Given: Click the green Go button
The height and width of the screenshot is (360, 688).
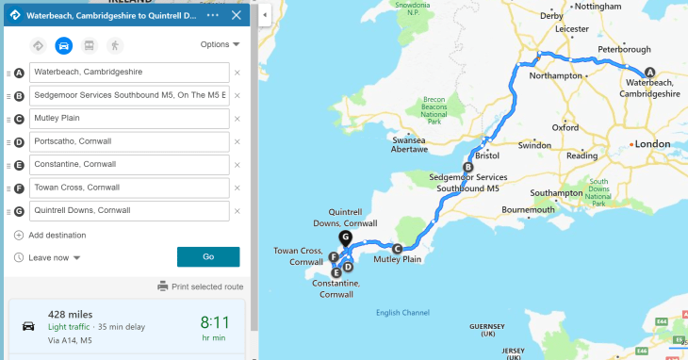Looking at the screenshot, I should point(207,256).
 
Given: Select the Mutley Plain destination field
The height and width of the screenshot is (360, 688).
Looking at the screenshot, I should point(129,119).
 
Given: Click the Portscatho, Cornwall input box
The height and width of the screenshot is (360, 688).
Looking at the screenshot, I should point(129,141).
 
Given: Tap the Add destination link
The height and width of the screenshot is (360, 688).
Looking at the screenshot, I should point(57,235).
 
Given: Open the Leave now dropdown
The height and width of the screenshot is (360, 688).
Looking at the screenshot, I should point(55,257).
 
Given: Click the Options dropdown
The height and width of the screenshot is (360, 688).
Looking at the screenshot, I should point(221,44).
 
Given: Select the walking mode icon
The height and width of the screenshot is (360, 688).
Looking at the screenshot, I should point(114,44).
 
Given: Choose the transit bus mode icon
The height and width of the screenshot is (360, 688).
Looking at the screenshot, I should point(90,44).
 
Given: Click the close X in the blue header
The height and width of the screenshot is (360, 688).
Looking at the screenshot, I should point(236,15).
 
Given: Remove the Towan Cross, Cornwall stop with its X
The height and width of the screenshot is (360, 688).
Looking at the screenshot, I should point(238,188).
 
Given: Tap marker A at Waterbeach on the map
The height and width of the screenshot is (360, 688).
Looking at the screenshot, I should point(648,74).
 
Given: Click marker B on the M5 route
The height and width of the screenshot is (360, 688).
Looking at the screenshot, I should point(467,168).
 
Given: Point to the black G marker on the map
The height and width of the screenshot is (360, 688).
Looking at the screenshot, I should point(346,237).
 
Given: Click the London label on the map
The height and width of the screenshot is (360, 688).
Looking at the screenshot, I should point(652,143).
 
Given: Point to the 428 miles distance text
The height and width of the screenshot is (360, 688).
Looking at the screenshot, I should point(70,314).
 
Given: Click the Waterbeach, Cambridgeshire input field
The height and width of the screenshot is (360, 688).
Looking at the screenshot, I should point(129,73).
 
